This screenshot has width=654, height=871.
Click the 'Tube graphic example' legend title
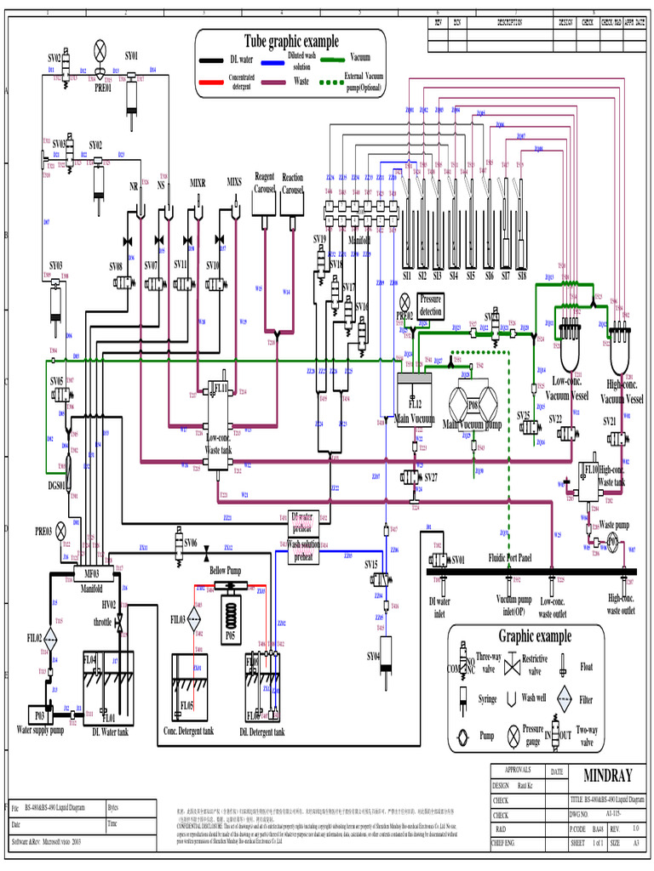click(x=291, y=41)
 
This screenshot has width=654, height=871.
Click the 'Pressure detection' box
click(x=431, y=306)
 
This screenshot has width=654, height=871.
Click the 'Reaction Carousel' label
click(x=293, y=184)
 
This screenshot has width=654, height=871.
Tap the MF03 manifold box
click(x=91, y=573)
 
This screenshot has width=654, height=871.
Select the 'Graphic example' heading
click(x=535, y=636)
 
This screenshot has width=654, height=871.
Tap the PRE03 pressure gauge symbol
click(x=60, y=531)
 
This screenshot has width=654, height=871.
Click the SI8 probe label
click(x=521, y=276)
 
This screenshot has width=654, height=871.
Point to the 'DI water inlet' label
click(x=438, y=606)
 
